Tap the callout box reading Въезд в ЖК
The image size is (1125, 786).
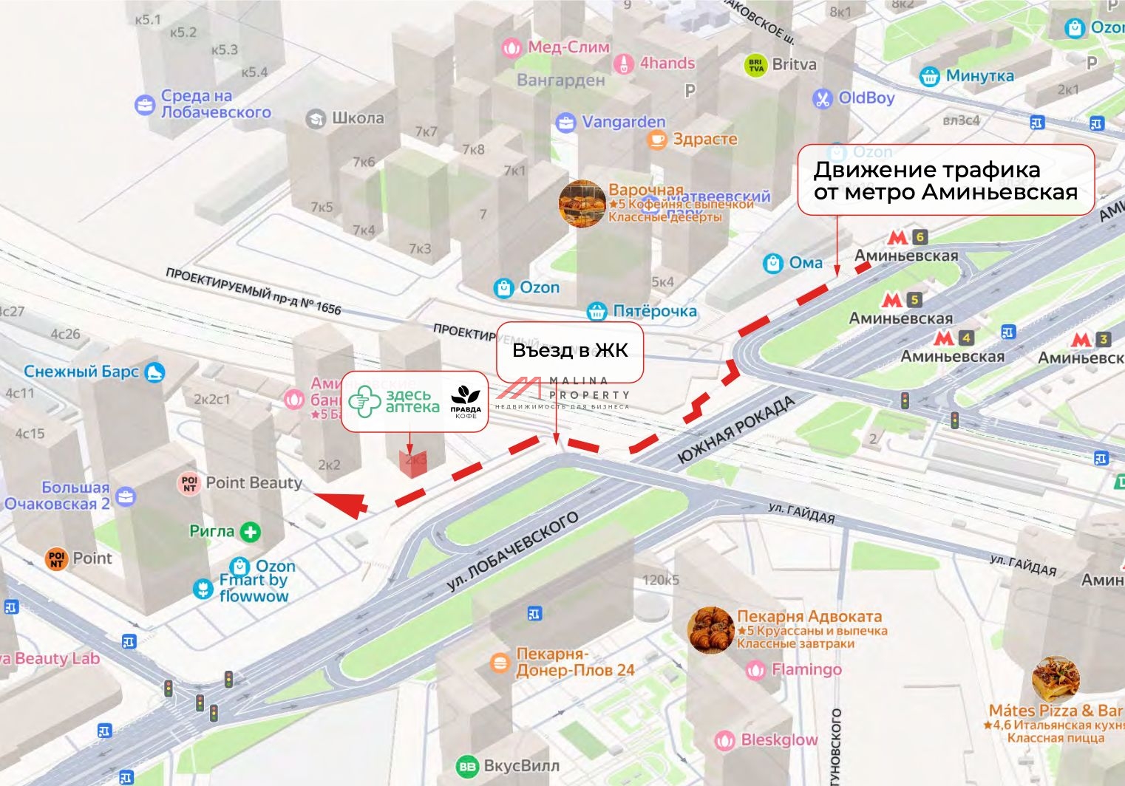coord(570,350)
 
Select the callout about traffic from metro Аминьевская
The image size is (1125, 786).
coord(945,181)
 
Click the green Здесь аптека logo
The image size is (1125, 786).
coord(392,401)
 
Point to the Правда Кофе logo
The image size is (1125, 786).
coord(466,402)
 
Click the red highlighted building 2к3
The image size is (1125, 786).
coord(414,461)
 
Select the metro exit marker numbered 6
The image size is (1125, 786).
coord(919,237)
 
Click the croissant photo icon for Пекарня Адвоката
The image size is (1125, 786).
coord(710,630)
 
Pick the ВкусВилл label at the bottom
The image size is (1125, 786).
coord(509,766)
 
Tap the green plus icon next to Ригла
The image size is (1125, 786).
coord(251,532)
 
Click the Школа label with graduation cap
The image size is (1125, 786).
coord(346,118)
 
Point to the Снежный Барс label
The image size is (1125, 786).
coord(92,372)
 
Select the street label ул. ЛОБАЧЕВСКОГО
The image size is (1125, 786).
coord(511,551)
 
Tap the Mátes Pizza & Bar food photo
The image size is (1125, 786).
coord(1055,679)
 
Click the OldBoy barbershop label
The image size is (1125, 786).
coord(854,98)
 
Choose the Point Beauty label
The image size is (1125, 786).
coord(242,483)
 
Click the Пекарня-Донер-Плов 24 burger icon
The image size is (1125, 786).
coord(500,663)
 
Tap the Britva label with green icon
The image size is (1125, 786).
coord(781,65)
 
